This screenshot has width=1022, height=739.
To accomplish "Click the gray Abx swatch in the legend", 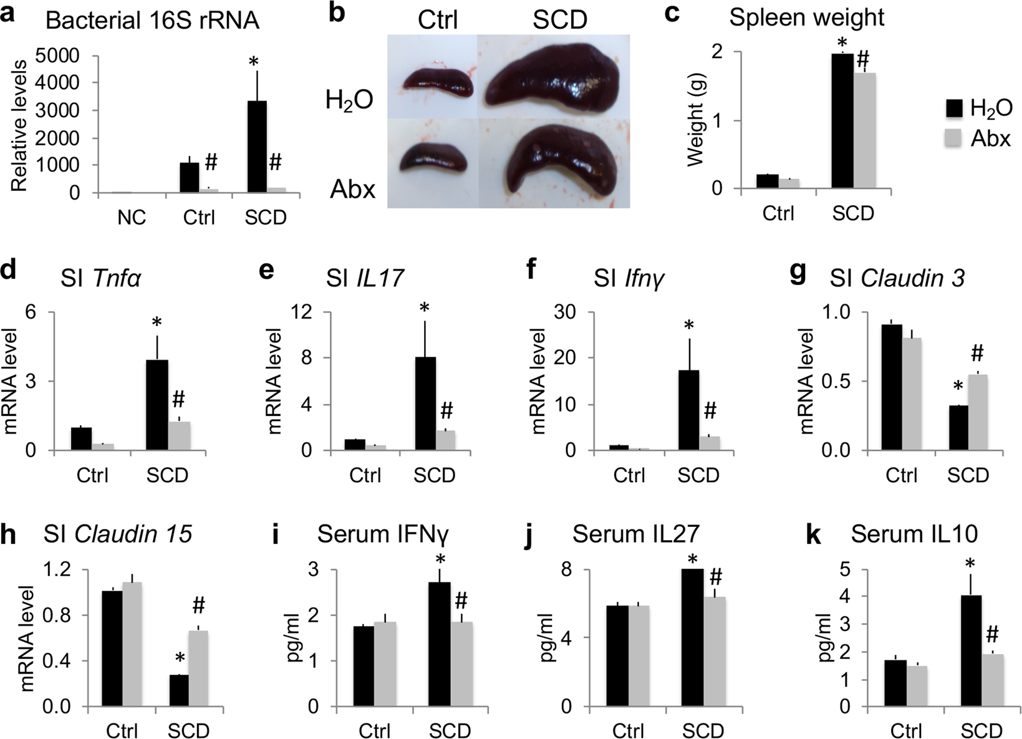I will click(x=952, y=138).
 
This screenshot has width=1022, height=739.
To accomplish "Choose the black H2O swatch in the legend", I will click(x=952, y=108).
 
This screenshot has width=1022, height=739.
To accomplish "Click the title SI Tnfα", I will click(x=100, y=278).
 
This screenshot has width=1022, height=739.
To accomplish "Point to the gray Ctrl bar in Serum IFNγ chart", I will click(x=385, y=664).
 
